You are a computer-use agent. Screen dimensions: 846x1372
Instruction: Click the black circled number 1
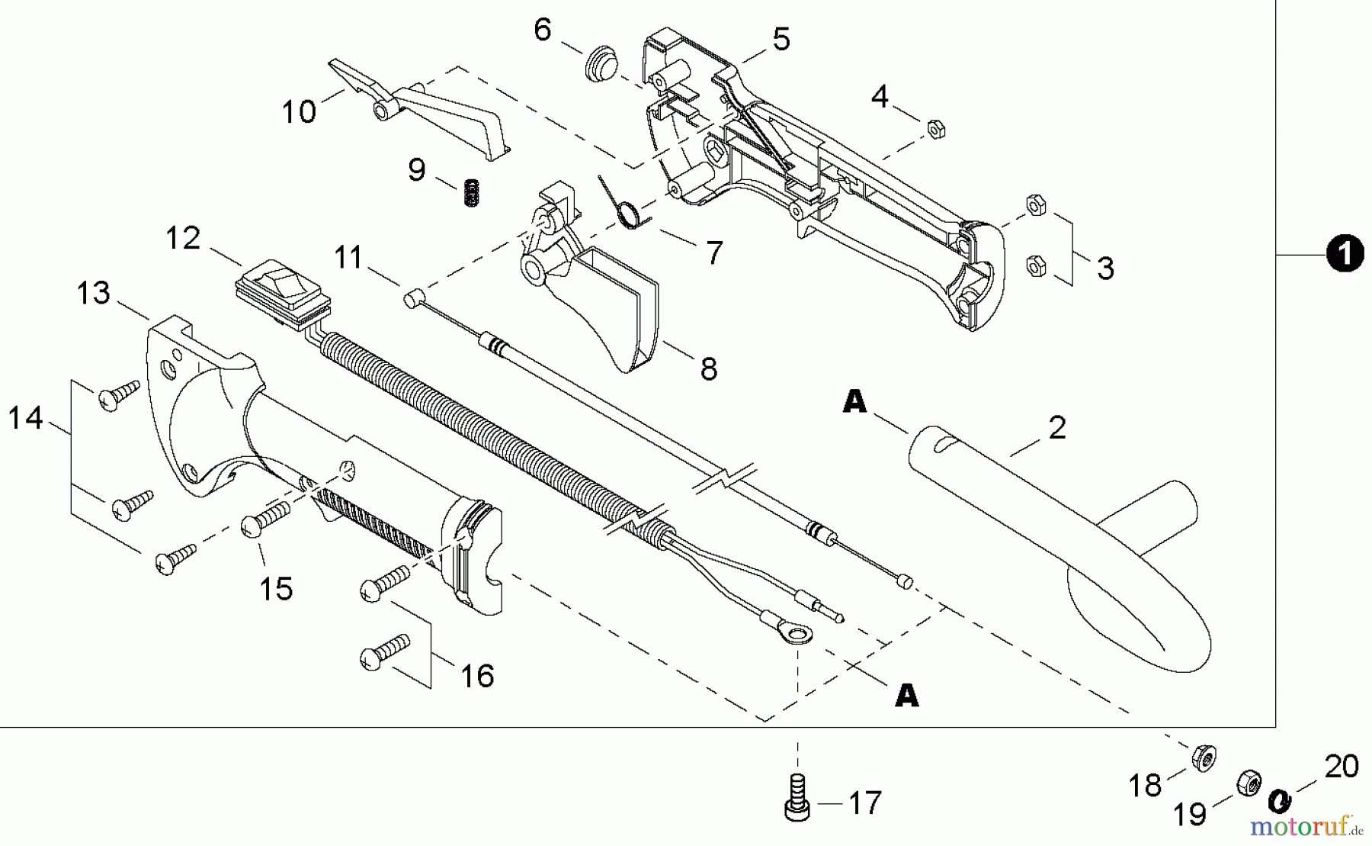(x=1345, y=253)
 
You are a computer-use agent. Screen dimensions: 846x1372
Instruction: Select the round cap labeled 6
(x=602, y=63)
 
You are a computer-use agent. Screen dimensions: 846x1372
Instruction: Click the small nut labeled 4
(x=936, y=130)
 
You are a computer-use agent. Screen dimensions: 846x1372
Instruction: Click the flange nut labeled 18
(x=1204, y=758)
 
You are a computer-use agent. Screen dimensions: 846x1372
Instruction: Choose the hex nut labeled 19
(x=1249, y=783)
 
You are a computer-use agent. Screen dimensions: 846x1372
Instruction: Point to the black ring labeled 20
(x=1279, y=800)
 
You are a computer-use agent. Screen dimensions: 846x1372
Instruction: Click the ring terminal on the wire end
(x=797, y=632)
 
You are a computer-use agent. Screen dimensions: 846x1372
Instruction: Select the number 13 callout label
(x=93, y=293)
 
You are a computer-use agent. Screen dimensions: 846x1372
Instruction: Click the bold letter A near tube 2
(x=854, y=401)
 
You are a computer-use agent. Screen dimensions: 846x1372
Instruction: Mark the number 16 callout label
(x=477, y=676)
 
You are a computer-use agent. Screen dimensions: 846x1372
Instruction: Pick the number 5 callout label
(x=781, y=39)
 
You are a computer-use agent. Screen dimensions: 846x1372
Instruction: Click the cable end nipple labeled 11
(x=411, y=300)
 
